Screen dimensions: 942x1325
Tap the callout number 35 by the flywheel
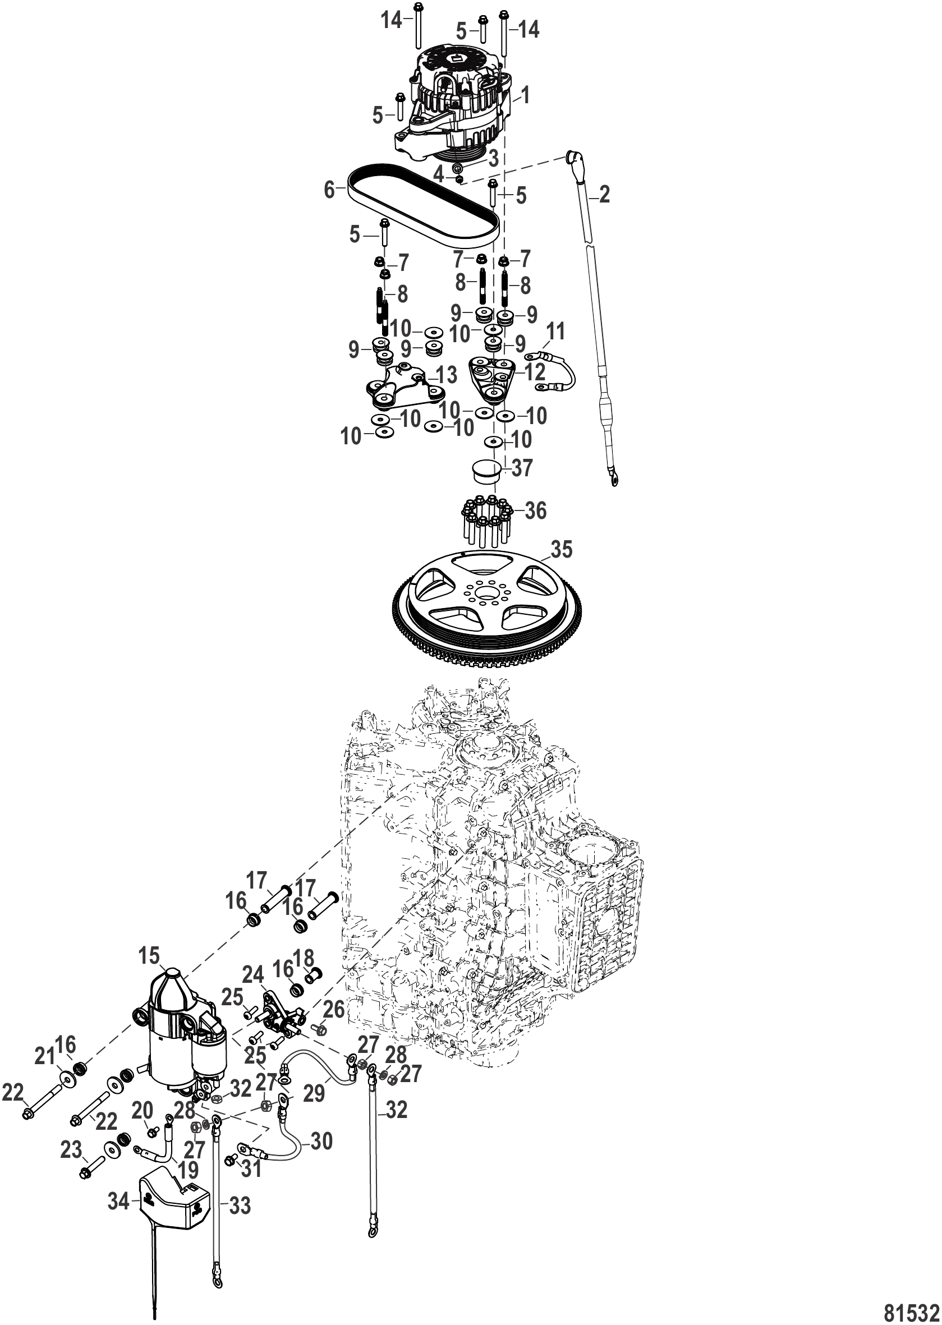[561, 550]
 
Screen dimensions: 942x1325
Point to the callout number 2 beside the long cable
[604, 195]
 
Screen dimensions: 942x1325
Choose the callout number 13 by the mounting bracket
[446, 376]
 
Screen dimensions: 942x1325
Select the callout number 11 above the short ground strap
[555, 332]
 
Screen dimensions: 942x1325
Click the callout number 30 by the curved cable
[321, 1142]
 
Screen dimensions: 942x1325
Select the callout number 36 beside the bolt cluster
[535, 511]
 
